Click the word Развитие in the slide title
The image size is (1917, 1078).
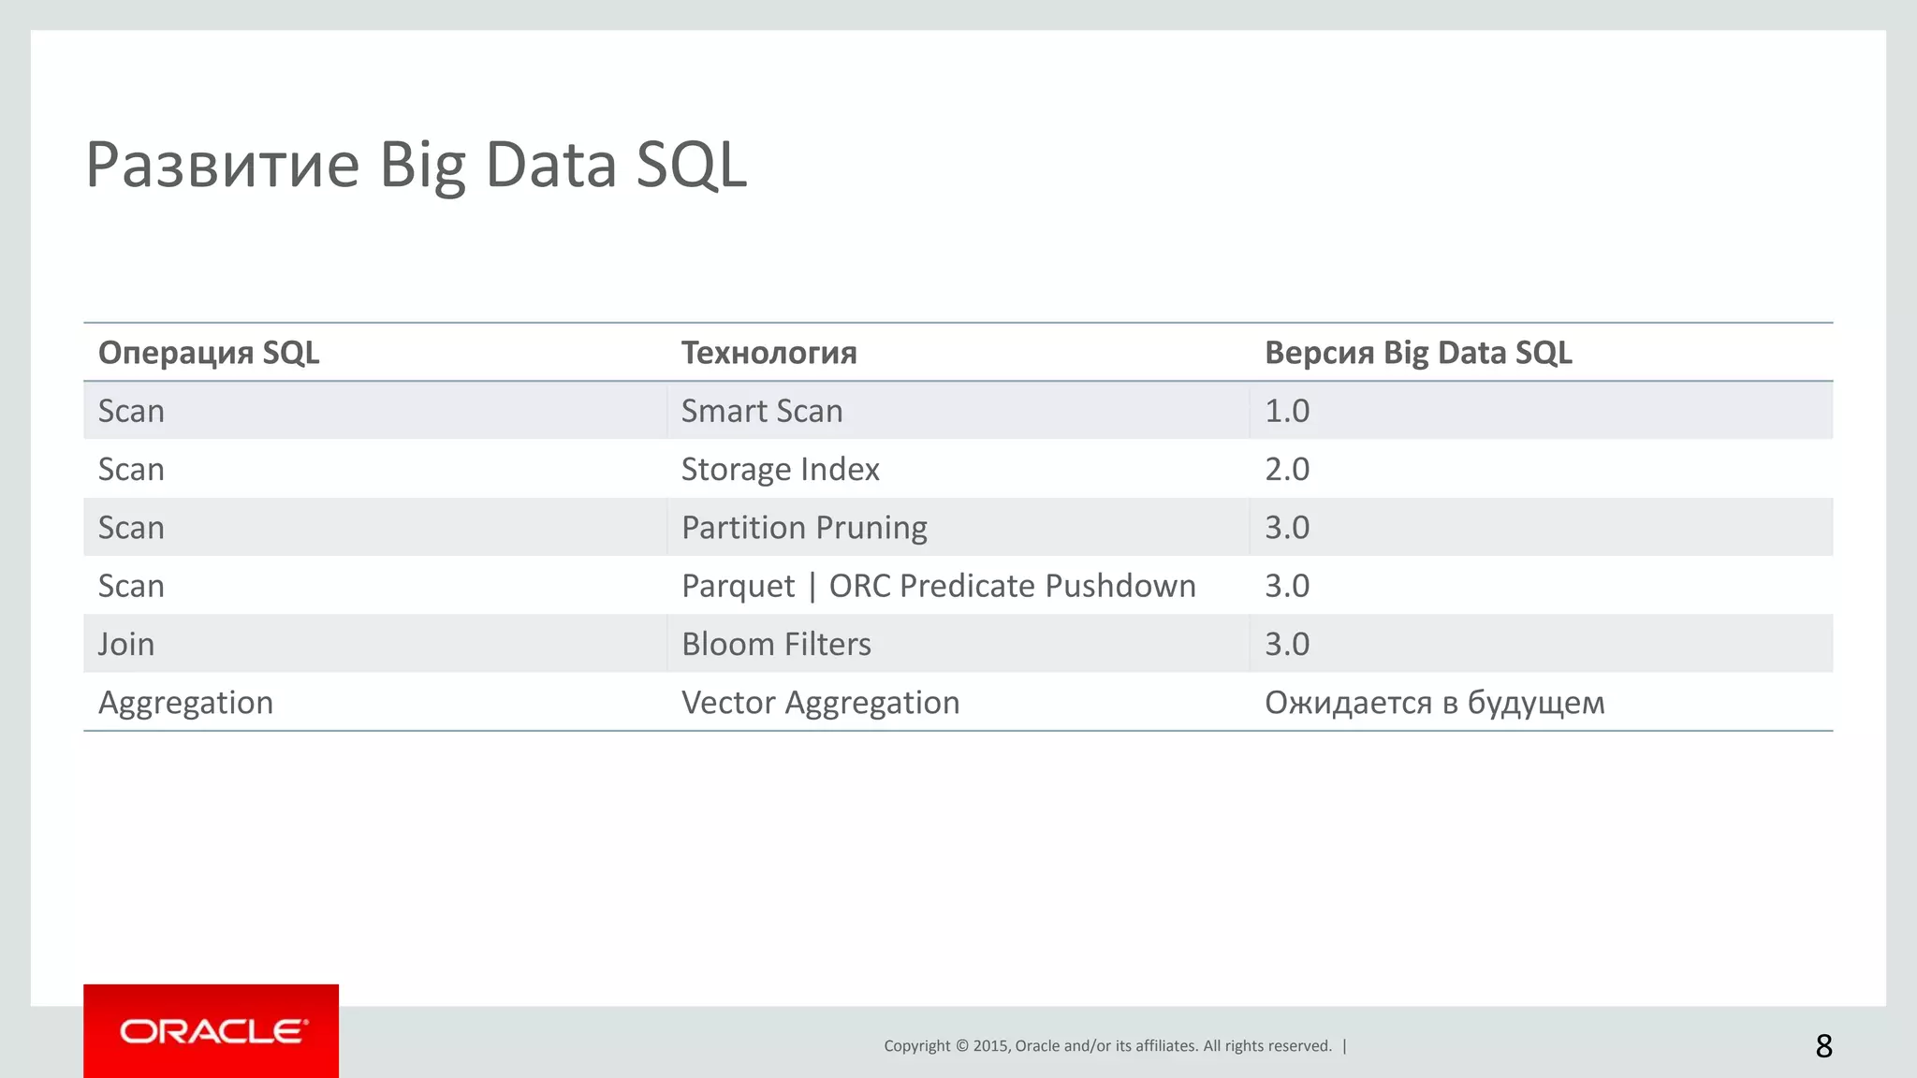click(223, 165)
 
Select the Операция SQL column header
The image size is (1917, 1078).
click(209, 353)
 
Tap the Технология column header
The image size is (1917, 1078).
click(768, 353)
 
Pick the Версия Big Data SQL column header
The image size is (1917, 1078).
click(1417, 353)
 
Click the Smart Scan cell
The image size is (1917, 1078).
click(762, 411)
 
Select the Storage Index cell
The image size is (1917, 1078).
click(780, 469)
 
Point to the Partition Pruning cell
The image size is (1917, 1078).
click(804, 528)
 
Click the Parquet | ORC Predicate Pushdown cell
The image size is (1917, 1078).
click(938, 586)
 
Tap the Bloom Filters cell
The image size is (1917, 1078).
click(776, 644)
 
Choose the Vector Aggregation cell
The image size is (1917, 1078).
click(820, 703)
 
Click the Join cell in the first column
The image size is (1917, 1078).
click(126, 644)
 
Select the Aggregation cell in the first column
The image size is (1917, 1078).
click(185, 703)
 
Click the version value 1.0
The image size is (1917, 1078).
click(1287, 411)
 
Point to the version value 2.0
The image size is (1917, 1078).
click(1287, 469)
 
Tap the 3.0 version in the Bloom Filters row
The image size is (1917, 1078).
click(1287, 644)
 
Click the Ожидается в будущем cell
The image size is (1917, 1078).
click(1434, 703)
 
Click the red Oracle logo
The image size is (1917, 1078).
click(212, 1031)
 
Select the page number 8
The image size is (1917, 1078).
click(1823, 1045)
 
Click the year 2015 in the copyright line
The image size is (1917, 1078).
click(990, 1046)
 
